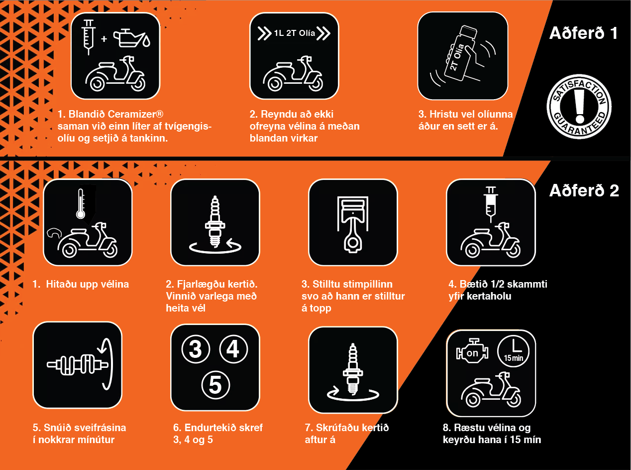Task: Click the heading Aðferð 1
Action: pos(583,33)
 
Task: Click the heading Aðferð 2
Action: pos(584,190)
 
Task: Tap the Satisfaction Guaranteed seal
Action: pos(579,107)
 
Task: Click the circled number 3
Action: pos(196,349)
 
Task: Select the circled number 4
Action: pos(233,349)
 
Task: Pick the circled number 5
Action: pos(215,385)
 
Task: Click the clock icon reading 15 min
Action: pos(513,351)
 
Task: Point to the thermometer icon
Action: pos(81,203)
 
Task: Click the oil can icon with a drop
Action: pos(131,37)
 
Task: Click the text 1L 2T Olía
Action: pos(295,33)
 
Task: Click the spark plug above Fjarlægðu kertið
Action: pos(215,221)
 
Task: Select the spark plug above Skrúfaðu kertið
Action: pos(353,369)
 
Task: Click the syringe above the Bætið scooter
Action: pos(491,204)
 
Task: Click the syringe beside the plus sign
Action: pos(89,37)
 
